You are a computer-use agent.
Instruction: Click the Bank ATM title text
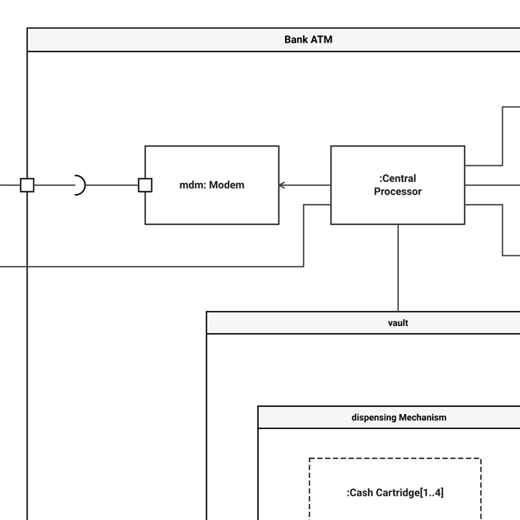tap(308, 40)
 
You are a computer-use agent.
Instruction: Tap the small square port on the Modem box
tap(145, 185)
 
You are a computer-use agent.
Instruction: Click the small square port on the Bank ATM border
tap(27, 185)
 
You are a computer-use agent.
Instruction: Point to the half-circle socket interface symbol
tap(80, 185)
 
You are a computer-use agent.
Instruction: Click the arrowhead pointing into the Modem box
tap(283, 185)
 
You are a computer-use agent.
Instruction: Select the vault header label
tap(398, 323)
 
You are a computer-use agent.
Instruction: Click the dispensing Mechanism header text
tap(398, 417)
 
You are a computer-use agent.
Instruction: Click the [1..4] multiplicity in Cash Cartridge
tap(431, 492)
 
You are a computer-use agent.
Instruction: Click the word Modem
tap(226, 185)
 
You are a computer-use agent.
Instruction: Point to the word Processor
tap(397, 192)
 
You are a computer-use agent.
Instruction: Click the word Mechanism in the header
tap(423, 417)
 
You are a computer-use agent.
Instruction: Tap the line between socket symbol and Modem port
tap(111, 185)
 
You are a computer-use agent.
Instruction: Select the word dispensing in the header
tap(374, 417)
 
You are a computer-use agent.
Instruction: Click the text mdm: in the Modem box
tap(192, 185)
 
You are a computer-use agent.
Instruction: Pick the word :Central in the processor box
tap(397, 179)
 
